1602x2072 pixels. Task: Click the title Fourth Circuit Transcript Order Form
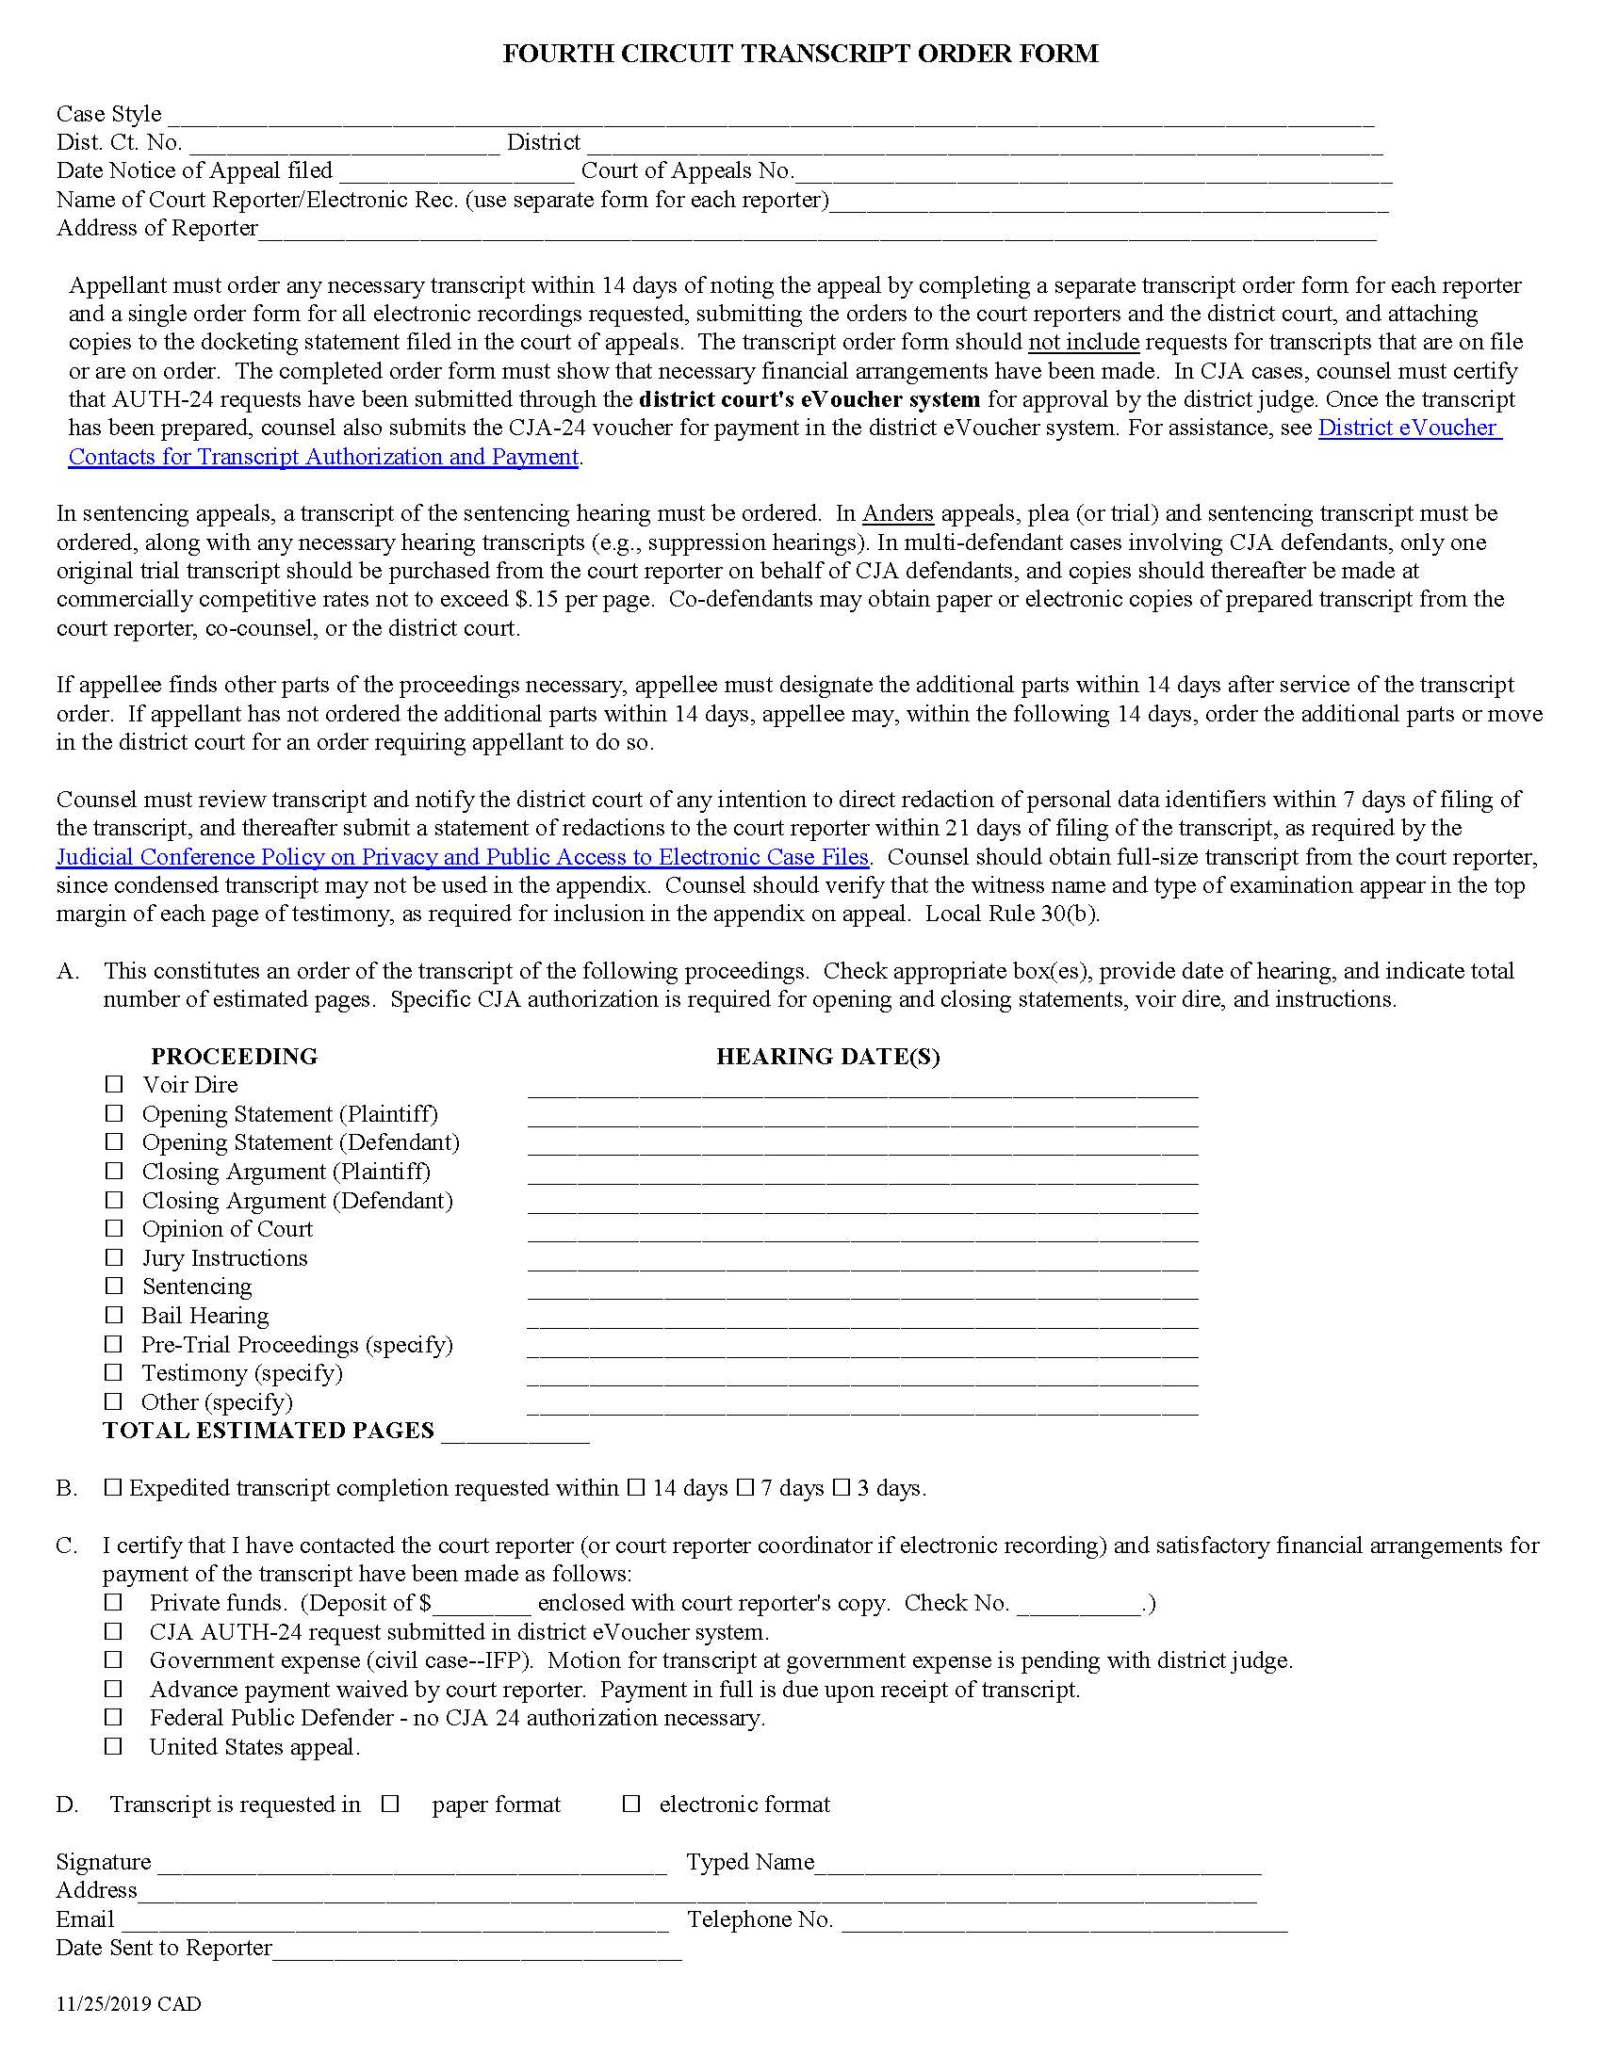(x=799, y=54)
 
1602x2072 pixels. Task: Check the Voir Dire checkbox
(x=115, y=1083)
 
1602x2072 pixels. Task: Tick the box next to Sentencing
(x=115, y=1286)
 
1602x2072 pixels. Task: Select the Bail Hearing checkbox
(x=115, y=1315)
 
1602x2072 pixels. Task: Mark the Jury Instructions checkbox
(x=115, y=1257)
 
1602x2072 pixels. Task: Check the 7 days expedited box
(x=745, y=1487)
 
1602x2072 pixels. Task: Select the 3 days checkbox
(x=841, y=1487)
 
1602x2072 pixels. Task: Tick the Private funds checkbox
(x=115, y=1602)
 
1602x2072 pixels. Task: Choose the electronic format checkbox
(x=631, y=1804)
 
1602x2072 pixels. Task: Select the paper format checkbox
(x=390, y=1804)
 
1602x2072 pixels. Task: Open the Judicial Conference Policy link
(x=462, y=857)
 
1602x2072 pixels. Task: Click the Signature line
(x=411, y=1866)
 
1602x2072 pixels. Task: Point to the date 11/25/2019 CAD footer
(x=128, y=2003)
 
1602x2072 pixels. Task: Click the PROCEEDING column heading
(x=234, y=1056)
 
